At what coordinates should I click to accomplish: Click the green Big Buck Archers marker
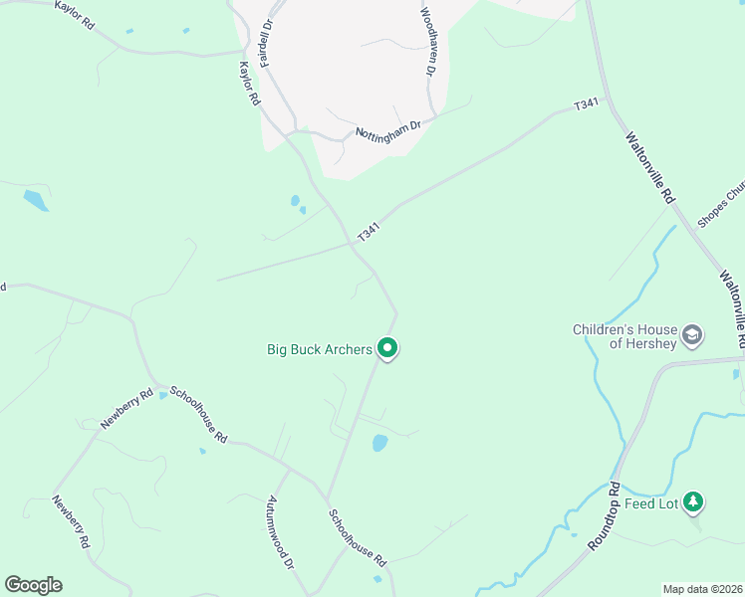click(387, 348)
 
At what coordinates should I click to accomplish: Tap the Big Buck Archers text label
click(320, 349)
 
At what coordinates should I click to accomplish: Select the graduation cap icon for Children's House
click(693, 335)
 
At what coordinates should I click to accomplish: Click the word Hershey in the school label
click(652, 343)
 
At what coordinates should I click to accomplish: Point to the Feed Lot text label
click(651, 503)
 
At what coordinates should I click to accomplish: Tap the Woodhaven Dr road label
click(428, 43)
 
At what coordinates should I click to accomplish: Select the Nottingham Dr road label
click(388, 130)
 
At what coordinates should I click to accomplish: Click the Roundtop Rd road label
click(604, 516)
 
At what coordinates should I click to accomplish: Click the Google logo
click(33, 585)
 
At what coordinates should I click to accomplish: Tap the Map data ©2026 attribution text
click(702, 589)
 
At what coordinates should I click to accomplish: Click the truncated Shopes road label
click(721, 204)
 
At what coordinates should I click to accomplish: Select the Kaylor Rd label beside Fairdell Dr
click(249, 85)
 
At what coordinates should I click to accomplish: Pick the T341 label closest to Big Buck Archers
click(369, 232)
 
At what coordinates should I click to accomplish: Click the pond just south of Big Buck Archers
click(379, 443)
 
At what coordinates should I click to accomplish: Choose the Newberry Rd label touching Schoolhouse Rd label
click(126, 408)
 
